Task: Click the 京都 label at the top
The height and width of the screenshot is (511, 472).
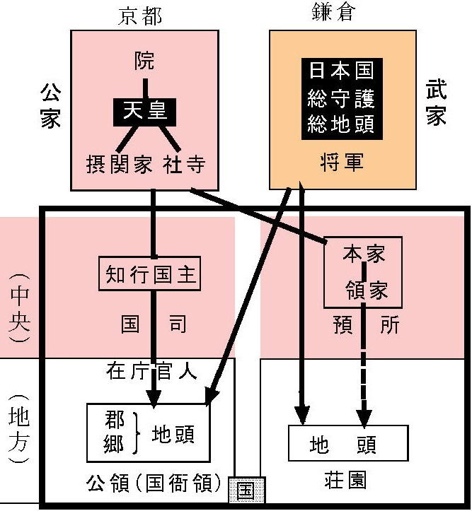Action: tap(139, 16)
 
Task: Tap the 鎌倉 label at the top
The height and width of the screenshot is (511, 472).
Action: tap(333, 13)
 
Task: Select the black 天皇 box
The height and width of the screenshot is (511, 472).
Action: tap(145, 112)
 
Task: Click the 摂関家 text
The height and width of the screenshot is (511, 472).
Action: tap(120, 164)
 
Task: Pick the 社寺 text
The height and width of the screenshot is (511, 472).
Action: tap(184, 164)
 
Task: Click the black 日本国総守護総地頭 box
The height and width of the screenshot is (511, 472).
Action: tap(342, 99)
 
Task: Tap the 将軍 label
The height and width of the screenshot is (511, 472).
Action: tap(342, 162)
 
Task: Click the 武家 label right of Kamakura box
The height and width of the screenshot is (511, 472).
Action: tap(436, 104)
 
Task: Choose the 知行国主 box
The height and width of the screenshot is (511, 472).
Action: tap(150, 274)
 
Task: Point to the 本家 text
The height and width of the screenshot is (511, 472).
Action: tap(364, 254)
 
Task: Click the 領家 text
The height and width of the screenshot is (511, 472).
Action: tap(367, 290)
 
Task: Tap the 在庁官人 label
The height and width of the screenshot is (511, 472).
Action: tap(151, 370)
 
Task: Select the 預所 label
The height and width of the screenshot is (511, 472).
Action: tap(366, 324)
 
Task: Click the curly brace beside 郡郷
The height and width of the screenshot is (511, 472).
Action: tap(136, 433)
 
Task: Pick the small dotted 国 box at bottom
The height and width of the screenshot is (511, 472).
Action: tap(246, 490)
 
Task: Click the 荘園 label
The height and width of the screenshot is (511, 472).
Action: tap(345, 480)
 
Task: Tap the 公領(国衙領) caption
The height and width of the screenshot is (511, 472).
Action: tap(154, 483)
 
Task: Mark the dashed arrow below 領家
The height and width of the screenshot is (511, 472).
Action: tap(364, 365)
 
